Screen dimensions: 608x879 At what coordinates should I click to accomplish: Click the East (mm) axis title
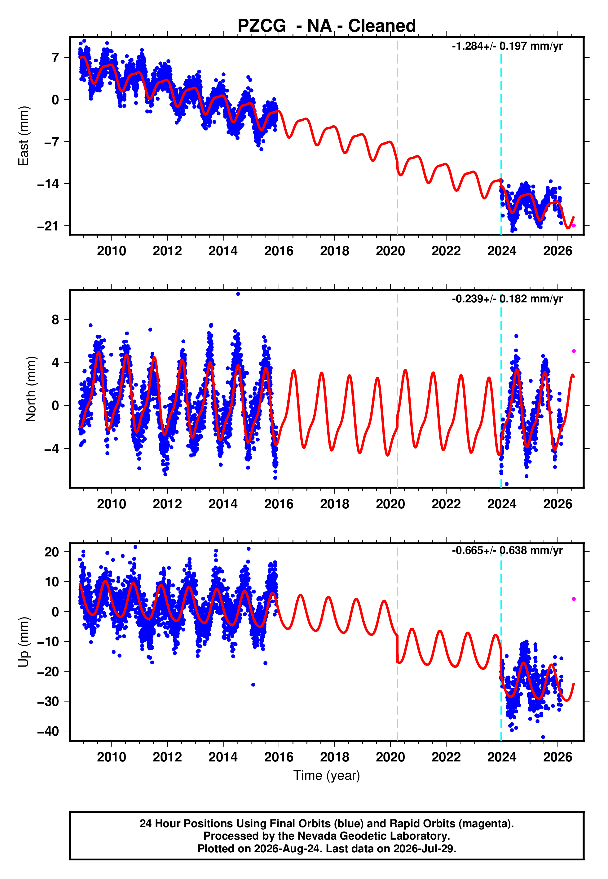coord(24,136)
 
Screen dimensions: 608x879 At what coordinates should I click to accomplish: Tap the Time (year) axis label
coord(327,775)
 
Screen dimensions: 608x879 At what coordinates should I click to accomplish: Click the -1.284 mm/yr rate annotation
coord(507,46)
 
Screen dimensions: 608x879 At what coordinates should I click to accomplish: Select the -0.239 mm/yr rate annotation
coord(507,299)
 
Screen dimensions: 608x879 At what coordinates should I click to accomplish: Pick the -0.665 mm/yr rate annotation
coord(507,551)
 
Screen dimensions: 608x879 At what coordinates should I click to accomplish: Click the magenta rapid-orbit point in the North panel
coord(574,351)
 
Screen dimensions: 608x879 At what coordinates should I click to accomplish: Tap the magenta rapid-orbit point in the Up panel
coord(574,599)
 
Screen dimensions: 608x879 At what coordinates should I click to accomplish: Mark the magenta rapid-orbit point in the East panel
coord(574,226)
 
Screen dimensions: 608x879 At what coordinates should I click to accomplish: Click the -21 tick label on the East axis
coord(48,226)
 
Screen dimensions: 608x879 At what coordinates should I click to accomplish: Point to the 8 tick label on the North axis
coord(55,319)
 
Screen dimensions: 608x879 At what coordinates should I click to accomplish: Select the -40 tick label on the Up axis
coord(48,731)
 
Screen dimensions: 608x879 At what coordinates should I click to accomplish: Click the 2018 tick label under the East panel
coord(334,251)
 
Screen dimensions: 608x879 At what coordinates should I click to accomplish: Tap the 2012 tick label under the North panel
coord(167,504)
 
